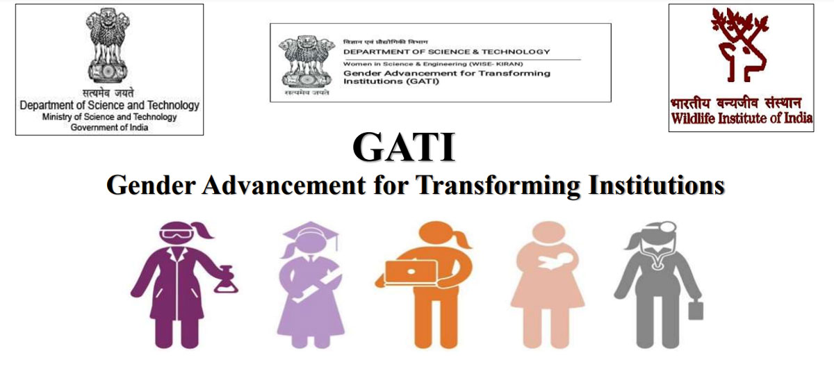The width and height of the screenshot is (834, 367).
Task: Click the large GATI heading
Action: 404,147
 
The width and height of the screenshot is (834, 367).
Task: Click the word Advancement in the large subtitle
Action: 284,185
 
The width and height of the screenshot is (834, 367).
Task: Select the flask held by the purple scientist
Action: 225,279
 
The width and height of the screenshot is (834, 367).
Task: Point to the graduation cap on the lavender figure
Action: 311,231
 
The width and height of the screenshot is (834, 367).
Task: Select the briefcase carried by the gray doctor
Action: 696,311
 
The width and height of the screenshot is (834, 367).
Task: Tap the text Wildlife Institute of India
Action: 742,118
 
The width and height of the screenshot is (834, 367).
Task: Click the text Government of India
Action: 110,127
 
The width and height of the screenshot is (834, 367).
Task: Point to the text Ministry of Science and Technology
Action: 110,117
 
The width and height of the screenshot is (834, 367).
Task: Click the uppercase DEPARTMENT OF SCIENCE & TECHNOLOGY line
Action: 446,51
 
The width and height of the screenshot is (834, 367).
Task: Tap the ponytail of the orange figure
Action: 461,239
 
